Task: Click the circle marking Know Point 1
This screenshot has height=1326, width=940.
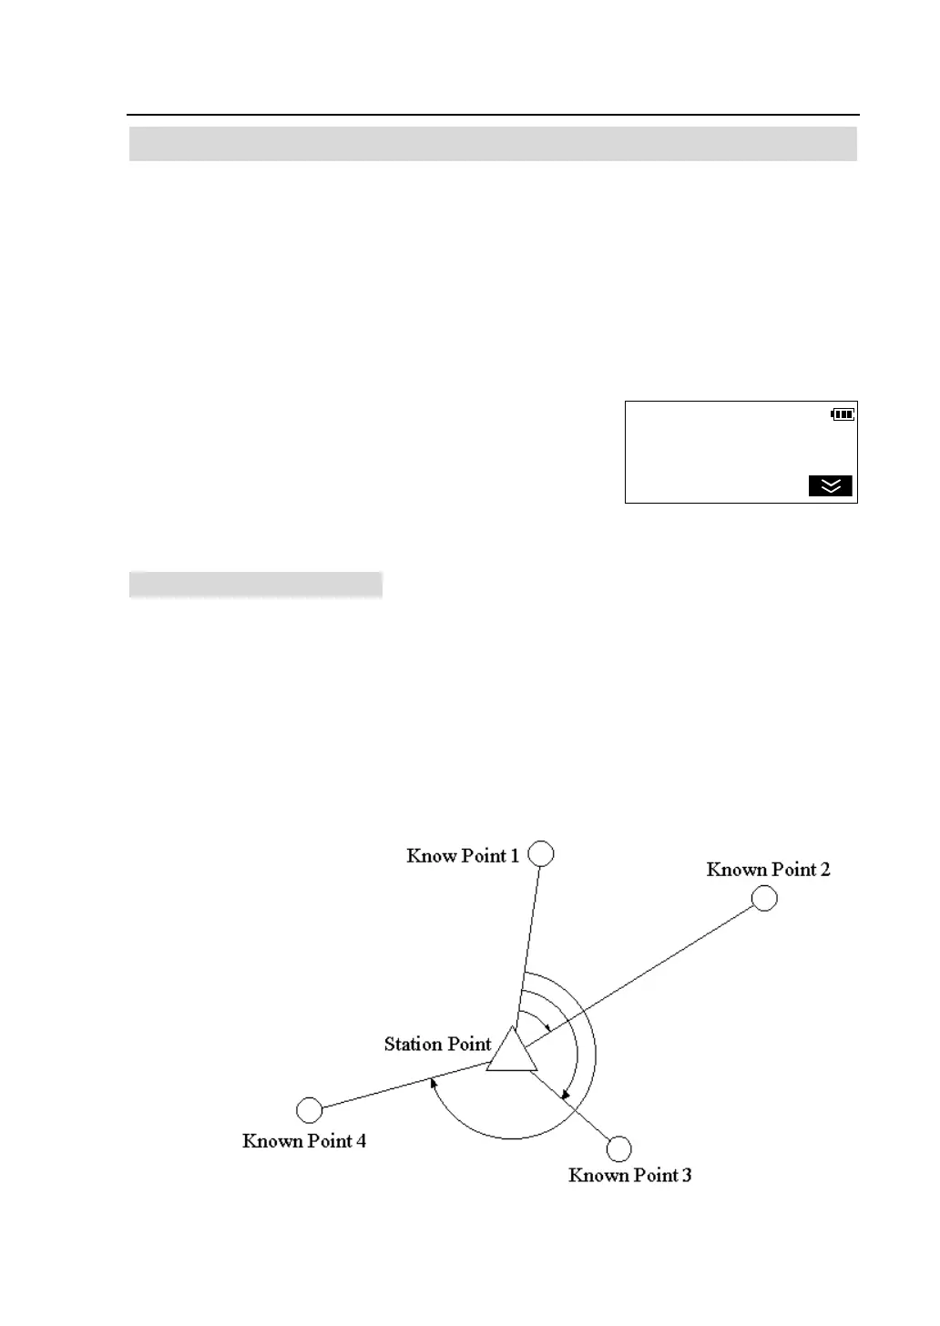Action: [541, 854]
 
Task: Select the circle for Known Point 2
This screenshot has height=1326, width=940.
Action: [764, 898]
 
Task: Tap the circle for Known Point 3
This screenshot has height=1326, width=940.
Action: [619, 1148]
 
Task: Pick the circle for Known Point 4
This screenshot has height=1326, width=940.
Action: [310, 1110]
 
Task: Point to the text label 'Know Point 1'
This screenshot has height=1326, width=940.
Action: [463, 856]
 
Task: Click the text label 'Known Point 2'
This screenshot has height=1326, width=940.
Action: [768, 870]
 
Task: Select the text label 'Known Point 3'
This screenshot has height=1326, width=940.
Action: [629, 1176]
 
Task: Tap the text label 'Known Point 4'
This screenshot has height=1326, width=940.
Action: [304, 1141]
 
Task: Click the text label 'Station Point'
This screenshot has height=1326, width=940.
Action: [437, 1045]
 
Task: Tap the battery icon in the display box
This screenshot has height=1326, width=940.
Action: [843, 415]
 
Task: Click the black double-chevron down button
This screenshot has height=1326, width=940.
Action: [831, 486]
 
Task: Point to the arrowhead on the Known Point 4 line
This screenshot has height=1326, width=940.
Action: [434, 1084]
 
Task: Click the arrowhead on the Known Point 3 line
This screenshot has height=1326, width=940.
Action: [565, 1093]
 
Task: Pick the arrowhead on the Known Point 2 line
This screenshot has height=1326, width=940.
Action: [546, 1026]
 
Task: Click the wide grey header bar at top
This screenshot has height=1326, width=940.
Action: [493, 144]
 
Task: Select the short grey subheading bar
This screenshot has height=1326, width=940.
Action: [255, 585]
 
